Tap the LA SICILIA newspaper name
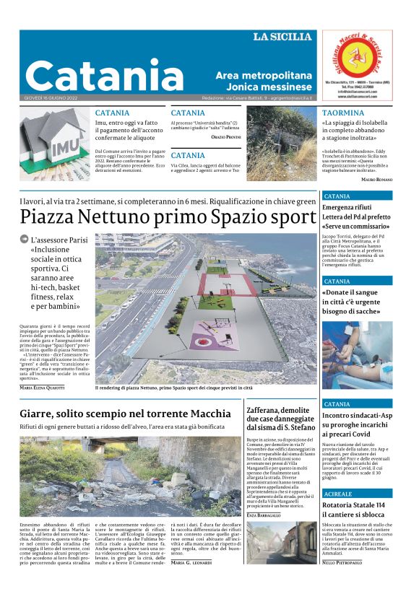tap(282, 37)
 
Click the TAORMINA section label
tap(343, 113)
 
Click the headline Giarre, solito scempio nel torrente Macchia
tap(126, 414)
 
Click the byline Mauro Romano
tap(376, 179)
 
